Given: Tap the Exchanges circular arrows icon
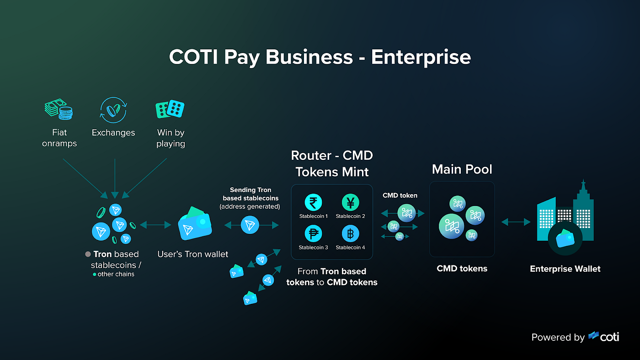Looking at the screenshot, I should (x=113, y=110).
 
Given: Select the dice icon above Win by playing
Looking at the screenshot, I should (x=170, y=109).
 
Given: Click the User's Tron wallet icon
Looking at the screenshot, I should (x=194, y=224).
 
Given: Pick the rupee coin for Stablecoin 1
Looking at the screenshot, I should (x=314, y=202).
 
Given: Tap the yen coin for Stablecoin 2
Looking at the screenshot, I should (x=350, y=202).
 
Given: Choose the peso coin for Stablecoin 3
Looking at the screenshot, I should (x=314, y=234).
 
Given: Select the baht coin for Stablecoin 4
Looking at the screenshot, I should (x=350, y=234).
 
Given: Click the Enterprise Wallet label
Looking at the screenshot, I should (x=565, y=269).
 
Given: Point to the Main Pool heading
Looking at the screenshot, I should (x=462, y=169).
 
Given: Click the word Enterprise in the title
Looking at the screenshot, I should (x=421, y=58).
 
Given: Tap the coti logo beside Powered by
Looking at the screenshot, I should (x=604, y=337).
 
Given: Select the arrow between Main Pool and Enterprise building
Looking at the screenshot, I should (x=516, y=222).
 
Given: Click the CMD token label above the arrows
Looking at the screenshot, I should (x=400, y=196).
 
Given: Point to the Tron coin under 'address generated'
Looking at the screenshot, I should (x=250, y=225).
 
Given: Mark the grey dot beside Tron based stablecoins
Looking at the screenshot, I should (x=88, y=254).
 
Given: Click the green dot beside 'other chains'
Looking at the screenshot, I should (x=95, y=274).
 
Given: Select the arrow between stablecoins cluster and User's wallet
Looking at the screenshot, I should (x=156, y=225).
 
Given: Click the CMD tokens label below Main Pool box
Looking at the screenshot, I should (x=462, y=269).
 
